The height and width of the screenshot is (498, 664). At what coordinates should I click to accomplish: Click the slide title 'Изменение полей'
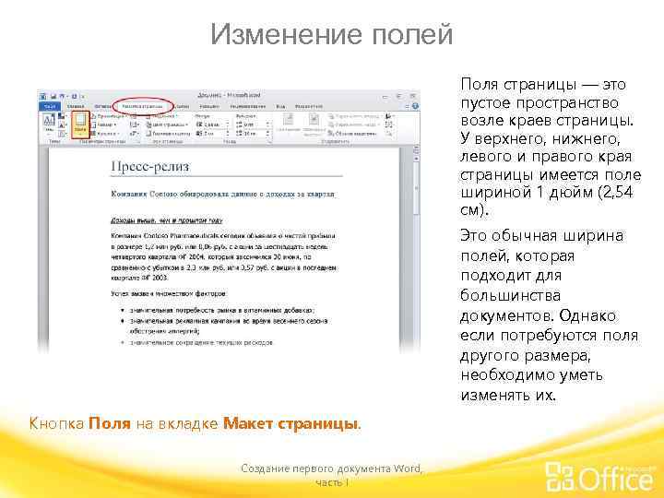pyautogui.click(x=331, y=35)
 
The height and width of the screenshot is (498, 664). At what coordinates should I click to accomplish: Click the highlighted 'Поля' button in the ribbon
pyautogui.click(x=80, y=123)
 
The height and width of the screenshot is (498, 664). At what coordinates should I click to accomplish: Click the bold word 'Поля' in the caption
pyautogui.click(x=103, y=423)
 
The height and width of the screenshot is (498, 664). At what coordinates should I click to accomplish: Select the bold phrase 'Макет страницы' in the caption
pyautogui.click(x=290, y=423)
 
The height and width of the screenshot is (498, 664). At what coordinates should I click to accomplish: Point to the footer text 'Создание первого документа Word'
pyautogui.click(x=331, y=469)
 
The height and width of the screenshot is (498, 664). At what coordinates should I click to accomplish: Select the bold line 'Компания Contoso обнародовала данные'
pyautogui.click(x=221, y=196)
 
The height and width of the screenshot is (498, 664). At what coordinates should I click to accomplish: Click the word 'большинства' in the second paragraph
pyautogui.click(x=503, y=296)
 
